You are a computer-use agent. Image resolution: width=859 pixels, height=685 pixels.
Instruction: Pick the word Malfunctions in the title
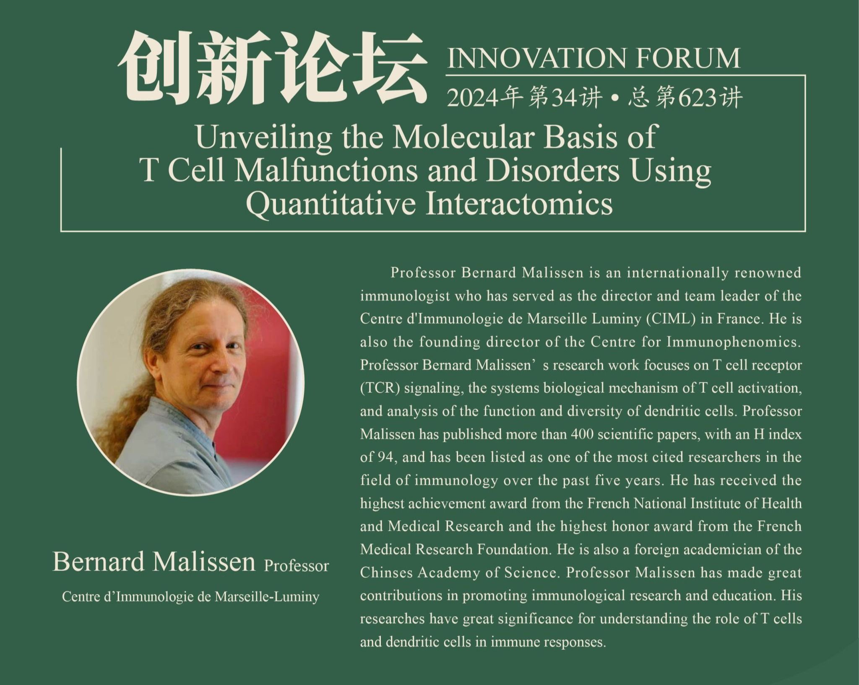pos(326,171)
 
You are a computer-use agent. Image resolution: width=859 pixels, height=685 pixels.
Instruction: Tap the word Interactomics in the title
pos(519,204)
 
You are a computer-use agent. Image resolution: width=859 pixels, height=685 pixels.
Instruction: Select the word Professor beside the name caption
pos(297,566)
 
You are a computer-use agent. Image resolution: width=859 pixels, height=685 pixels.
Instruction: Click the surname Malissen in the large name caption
pos(204,562)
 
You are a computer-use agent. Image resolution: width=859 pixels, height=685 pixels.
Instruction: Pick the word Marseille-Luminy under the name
pos(267,597)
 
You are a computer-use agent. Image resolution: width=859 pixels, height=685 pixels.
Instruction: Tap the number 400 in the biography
pos(581,434)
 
